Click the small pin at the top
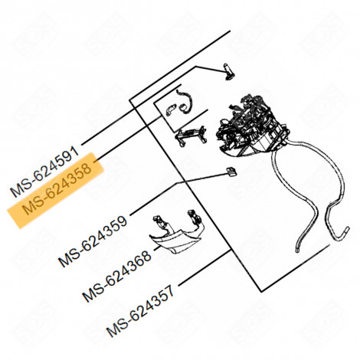(227, 70)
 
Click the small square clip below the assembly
(229, 172)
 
